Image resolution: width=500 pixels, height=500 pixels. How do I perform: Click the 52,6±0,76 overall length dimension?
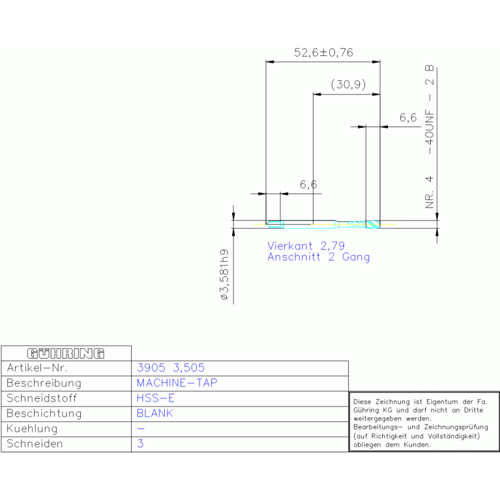coord(323,53)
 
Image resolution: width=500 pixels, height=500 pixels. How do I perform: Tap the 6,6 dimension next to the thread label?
coord(407,118)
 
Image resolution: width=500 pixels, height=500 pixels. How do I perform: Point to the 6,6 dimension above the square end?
coord(308,185)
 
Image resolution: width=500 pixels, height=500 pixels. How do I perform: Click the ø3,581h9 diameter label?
coord(224,274)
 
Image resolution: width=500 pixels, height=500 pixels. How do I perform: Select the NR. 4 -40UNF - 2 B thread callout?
coord(430,137)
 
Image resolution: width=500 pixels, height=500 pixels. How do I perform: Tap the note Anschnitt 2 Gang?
coord(318,257)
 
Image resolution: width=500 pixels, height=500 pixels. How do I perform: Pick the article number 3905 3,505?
coord(171,368)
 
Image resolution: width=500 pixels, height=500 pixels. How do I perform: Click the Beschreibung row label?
coord(43,383)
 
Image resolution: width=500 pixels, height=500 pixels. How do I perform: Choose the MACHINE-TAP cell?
coord(177,383)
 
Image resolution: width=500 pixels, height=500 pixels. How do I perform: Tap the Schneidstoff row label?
coord(42,398)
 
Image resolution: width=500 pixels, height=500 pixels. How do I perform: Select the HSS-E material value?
coord(156,398)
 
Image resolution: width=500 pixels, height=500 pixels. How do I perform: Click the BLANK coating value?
coord(155,413)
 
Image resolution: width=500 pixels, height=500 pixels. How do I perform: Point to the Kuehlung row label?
coord(32,429)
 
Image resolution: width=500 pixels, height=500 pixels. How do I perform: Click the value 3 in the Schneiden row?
coord(140,444)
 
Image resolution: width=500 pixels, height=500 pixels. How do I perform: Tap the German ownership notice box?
coord(424,421)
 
